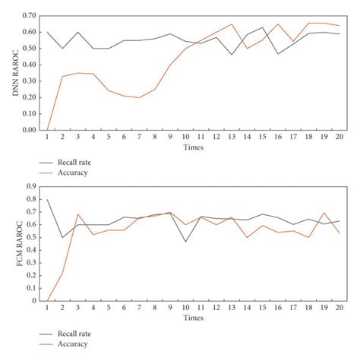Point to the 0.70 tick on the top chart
pos(29,16)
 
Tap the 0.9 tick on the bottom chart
pos(31,185)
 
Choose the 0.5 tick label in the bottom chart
pos(31,237)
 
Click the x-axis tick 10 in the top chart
pos(186,138)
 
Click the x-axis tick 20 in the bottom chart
pos(338,308)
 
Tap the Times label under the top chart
pos(193,148)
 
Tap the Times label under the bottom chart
pos(193,318)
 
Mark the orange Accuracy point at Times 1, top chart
pos(47,130)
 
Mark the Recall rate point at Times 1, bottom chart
pos(47,199)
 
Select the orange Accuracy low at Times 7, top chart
pos(140,97)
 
